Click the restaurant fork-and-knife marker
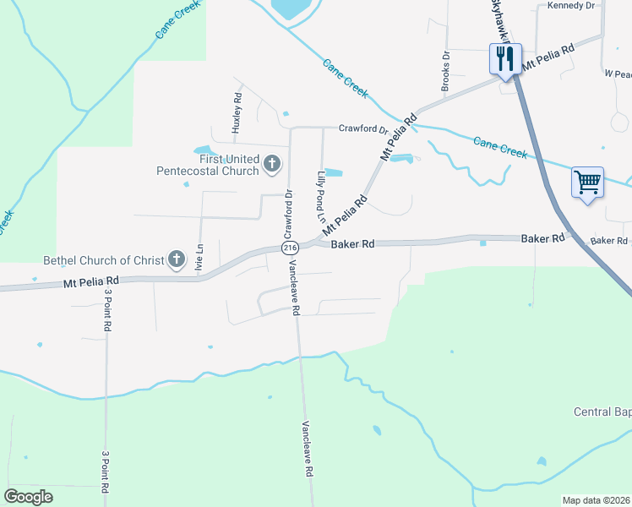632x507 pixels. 505,59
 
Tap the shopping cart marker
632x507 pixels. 587,182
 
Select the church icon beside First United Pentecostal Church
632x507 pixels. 272,163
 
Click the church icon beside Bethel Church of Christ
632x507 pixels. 176,259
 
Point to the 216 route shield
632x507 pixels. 291,248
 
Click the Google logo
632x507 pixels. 28,497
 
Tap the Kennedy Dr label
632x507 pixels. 571,5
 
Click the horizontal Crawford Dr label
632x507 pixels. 362,129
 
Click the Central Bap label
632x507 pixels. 602,412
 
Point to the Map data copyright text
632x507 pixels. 596,500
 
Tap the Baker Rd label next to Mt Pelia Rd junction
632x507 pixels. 352,245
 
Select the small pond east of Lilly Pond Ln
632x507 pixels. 334,173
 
